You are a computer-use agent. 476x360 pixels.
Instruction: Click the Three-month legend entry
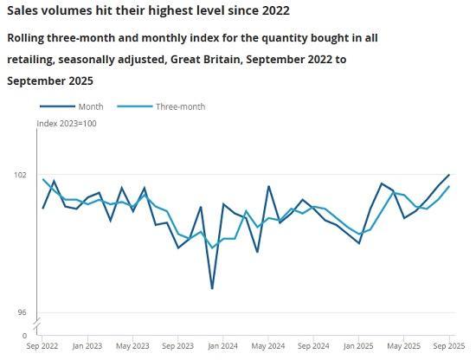tap(179, 106)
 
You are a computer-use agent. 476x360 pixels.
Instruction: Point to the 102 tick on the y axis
tap(20, 175)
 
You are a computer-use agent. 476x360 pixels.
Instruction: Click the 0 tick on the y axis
tap(24, 335)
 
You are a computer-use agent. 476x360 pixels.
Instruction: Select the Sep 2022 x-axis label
tap(42, 346)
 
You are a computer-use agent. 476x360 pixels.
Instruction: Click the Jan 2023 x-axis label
tap(87, 346)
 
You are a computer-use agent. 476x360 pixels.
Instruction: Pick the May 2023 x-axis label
tap(132, 346)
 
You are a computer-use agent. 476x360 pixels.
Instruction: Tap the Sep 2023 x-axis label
tap(178, 346)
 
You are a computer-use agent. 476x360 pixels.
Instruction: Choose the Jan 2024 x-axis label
tap(223, 346)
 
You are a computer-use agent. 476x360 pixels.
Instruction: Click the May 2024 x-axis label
tap(268, 346)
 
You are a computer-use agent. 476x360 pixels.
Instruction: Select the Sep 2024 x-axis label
tap(313, 346)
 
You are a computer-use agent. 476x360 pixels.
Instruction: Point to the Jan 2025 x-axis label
tap(358, 346)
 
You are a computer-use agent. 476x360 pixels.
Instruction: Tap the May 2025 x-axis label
tap(403, 346)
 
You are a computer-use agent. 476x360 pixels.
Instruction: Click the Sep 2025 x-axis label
tap(447, 346)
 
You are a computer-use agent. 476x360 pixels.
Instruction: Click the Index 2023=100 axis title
tap(67, 124)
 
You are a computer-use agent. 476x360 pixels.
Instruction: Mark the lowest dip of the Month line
tap(212, 288)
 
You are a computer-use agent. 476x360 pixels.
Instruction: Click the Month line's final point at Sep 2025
tap(449, 175)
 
